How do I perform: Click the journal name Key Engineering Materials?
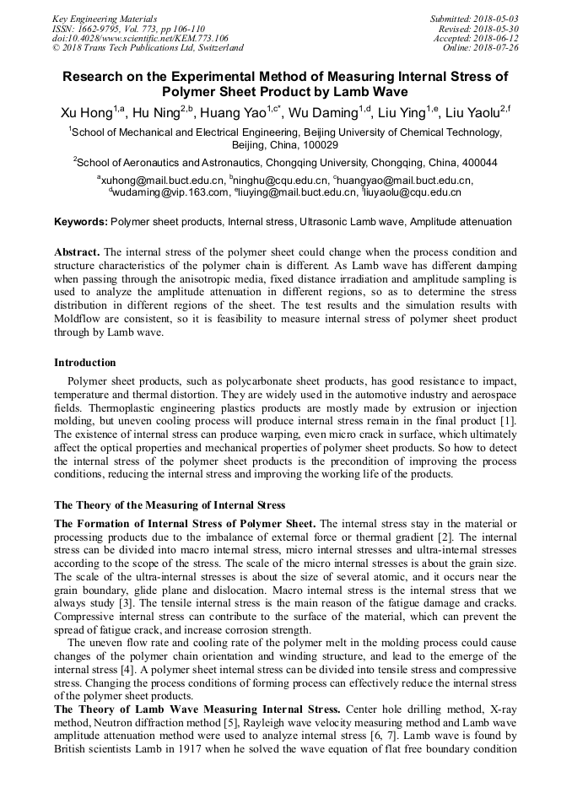104,19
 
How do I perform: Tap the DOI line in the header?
140,38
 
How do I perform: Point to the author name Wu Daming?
321,113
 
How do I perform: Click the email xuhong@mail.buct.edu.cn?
163,181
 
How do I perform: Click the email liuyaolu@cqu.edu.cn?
413,192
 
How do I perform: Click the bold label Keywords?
81,222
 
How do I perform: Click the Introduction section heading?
85,363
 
